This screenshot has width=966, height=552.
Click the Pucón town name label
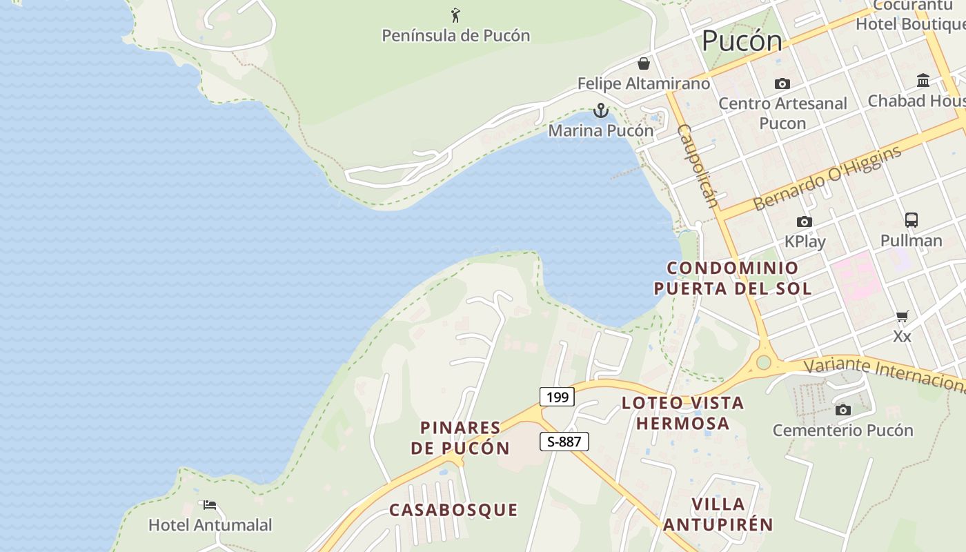[742, 41]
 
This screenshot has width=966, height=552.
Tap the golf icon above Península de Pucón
[455, 14]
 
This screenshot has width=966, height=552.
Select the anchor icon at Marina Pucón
[601, 110]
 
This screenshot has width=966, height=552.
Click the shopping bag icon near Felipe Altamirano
[644, 63]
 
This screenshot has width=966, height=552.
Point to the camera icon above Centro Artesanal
[782, 83]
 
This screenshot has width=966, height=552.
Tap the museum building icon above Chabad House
[923, 81]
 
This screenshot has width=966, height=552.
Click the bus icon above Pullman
[911, 220]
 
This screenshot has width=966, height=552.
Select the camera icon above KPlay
[804, 221]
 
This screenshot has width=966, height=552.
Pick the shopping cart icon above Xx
[902, 317]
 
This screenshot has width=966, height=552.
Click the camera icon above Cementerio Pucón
[842, 410]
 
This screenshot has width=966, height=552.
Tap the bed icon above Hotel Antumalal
[210, 505]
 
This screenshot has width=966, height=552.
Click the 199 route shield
[557, 397]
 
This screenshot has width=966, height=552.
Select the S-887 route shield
[564, 442]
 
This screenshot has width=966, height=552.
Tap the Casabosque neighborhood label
[453, 510]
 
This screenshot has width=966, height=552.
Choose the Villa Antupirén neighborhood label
[718, 514]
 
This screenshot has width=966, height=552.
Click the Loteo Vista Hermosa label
[682, 413]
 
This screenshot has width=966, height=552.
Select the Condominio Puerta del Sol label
[733, 277]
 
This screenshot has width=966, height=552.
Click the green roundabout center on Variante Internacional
[763, 362]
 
